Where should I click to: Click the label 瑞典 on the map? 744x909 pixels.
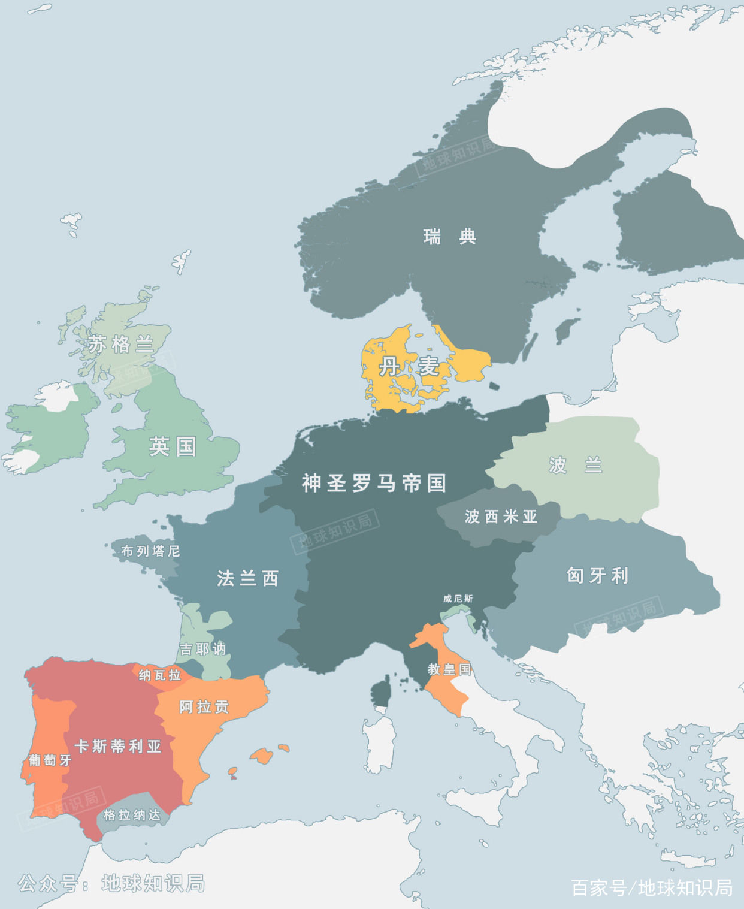click(x=450, y=237)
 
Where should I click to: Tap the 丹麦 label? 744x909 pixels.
click(x=409, y=366)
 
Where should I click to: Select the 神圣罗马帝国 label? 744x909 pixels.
click(x=374, y=483)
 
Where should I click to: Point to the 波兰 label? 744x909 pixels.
click(x=575, y=465)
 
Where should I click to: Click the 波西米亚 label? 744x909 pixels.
click(x=501, y=517)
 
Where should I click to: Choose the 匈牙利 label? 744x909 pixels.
click(x=597, y=576)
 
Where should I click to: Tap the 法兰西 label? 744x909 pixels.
click(x=247, y=578)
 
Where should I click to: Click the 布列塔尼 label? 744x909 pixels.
click(x=150, y=551)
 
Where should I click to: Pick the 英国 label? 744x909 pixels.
click(x=173, y=446)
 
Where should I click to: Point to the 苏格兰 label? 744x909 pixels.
click(x=121, y=345)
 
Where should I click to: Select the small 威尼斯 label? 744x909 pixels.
click(x=458, y=599)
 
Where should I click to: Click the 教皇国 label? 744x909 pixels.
click(x=449, y=669)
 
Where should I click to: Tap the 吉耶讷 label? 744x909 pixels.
click(x=203, y=649)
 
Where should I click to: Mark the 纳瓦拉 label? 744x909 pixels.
click(x=159, y=675)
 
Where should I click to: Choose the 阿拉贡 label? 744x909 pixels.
click(x=204, y=707)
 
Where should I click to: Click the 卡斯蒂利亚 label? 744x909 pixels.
click(x=117, y=746)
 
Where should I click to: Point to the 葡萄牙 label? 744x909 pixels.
click(x=50, y=760)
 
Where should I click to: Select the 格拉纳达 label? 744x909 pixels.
click(x=132, y=815)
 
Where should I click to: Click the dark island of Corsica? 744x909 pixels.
click(x=382, y=691)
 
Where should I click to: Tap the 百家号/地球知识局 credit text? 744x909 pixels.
click(x=652, y=887)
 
